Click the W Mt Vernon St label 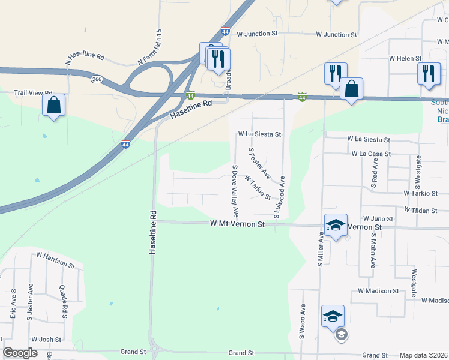[237, 223]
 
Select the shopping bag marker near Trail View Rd [54, 106]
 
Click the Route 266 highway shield [96, 79]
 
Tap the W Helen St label [406, 58]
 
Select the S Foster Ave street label [259, 163]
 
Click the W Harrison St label [55, 260]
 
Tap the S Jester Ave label [30, 302]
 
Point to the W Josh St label [46, 339]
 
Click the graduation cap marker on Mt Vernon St [336, 226]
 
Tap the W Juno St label [378, 219]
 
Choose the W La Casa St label [371, 154]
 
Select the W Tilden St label [426, 210]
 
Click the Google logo [20, 353]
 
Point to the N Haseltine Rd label [85, 59]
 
